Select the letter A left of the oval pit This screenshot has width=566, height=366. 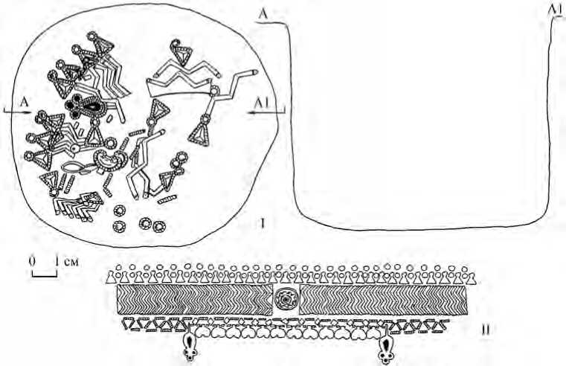point(25,102)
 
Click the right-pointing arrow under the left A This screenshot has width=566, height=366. point(17,112)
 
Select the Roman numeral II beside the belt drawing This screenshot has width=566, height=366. point(486,330)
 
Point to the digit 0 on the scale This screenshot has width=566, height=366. point(33,261)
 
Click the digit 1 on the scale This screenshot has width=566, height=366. point(57,261)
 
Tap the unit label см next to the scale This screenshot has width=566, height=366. point(71,261)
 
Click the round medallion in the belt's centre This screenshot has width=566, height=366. point(286,300)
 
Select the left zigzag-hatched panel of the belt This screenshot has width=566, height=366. point(195,300)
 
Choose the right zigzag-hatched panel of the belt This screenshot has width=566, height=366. point(383,300)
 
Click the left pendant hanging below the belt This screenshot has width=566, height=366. point(190,344)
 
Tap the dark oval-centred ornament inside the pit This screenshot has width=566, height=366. point(86,107)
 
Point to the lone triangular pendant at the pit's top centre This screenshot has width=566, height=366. point(181,53)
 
